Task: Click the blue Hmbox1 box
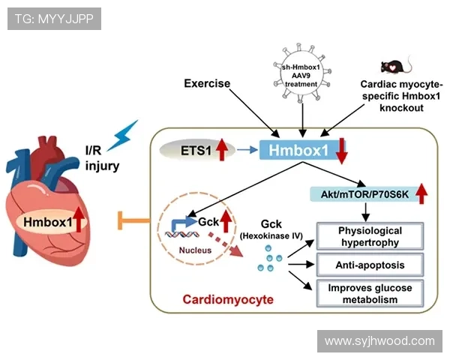(295, 150)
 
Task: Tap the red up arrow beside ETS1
(222, 150)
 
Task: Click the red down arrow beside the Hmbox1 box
(342, 151)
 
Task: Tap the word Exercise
(207, 83)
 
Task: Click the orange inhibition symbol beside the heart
(130, 220)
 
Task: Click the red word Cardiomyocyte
(227, 300)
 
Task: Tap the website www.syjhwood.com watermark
(379, 341)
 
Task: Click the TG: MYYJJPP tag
(53, 17)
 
